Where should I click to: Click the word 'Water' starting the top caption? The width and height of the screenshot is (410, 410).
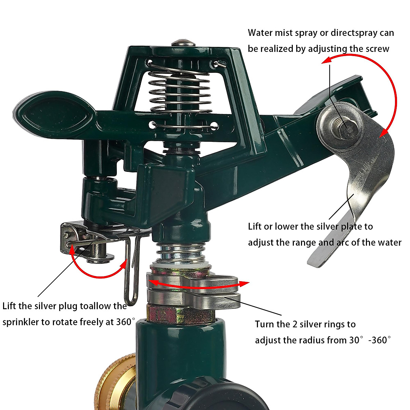[260, 33]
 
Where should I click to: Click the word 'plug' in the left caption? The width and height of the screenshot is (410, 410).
[68, 306]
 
